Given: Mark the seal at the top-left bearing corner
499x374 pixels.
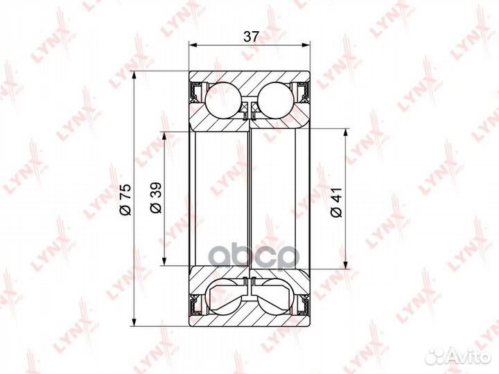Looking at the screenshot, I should (196, 90).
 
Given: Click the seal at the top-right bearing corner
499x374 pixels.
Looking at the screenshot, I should (302, 90).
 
